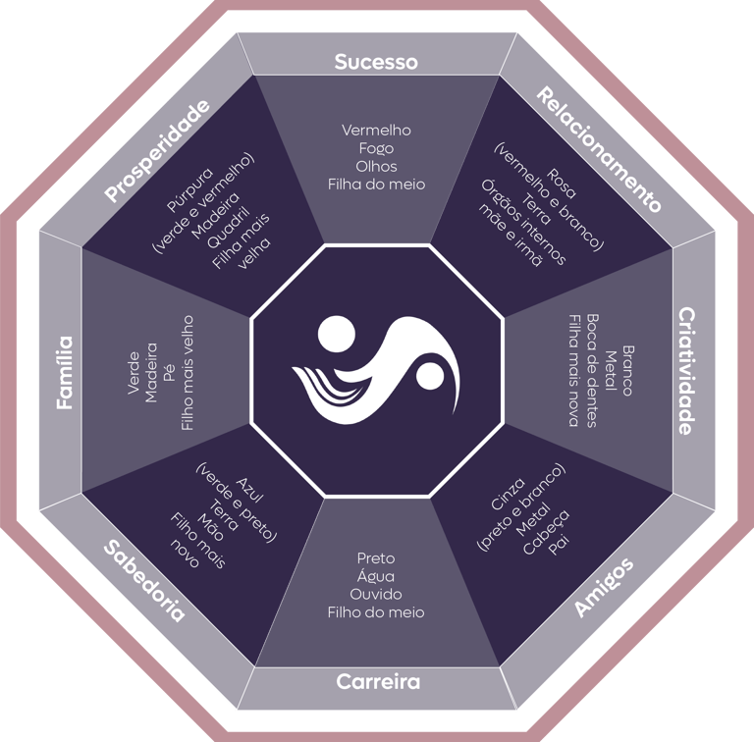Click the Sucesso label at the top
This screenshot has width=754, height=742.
pyautogui.click(x=376, y=62)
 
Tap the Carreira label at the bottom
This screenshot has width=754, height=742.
pyautogui.click(x=378, y=681)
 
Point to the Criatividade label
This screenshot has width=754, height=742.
pyautogui.click(x=689, y=370)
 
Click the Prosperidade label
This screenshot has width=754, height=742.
pyautogui.click(x=157, y=150)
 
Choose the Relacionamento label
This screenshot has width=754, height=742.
pyautogui.click(x=599, y=149)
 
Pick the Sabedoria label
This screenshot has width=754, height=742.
pyautogui.click(x=143, y=579)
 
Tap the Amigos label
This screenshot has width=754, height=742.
pyautogui.click(x=604, y=587)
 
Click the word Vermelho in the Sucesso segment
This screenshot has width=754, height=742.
pyautogui.click(x=376, y=130)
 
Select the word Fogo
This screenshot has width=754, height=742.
pyautogui.click(x=376, y=148)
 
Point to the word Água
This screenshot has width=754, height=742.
pyautogui.click(x=376, y=577)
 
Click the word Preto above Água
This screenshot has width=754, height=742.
pyautogui.click(x=376, y=558)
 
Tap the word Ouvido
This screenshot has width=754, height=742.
pyautogui.click(x=376, y=595)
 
